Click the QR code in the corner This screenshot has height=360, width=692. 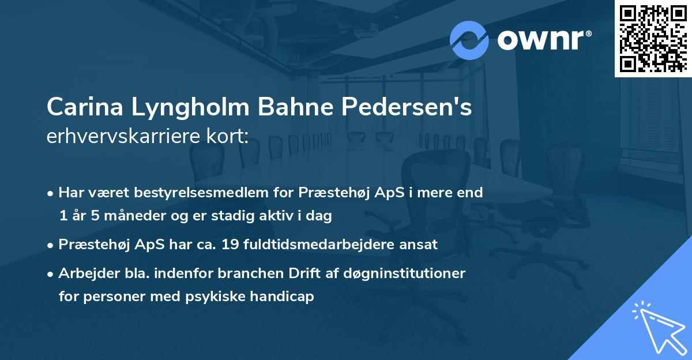point(653,39)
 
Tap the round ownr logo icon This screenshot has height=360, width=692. point(469,39)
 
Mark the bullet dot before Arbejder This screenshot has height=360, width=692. point(51,273)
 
